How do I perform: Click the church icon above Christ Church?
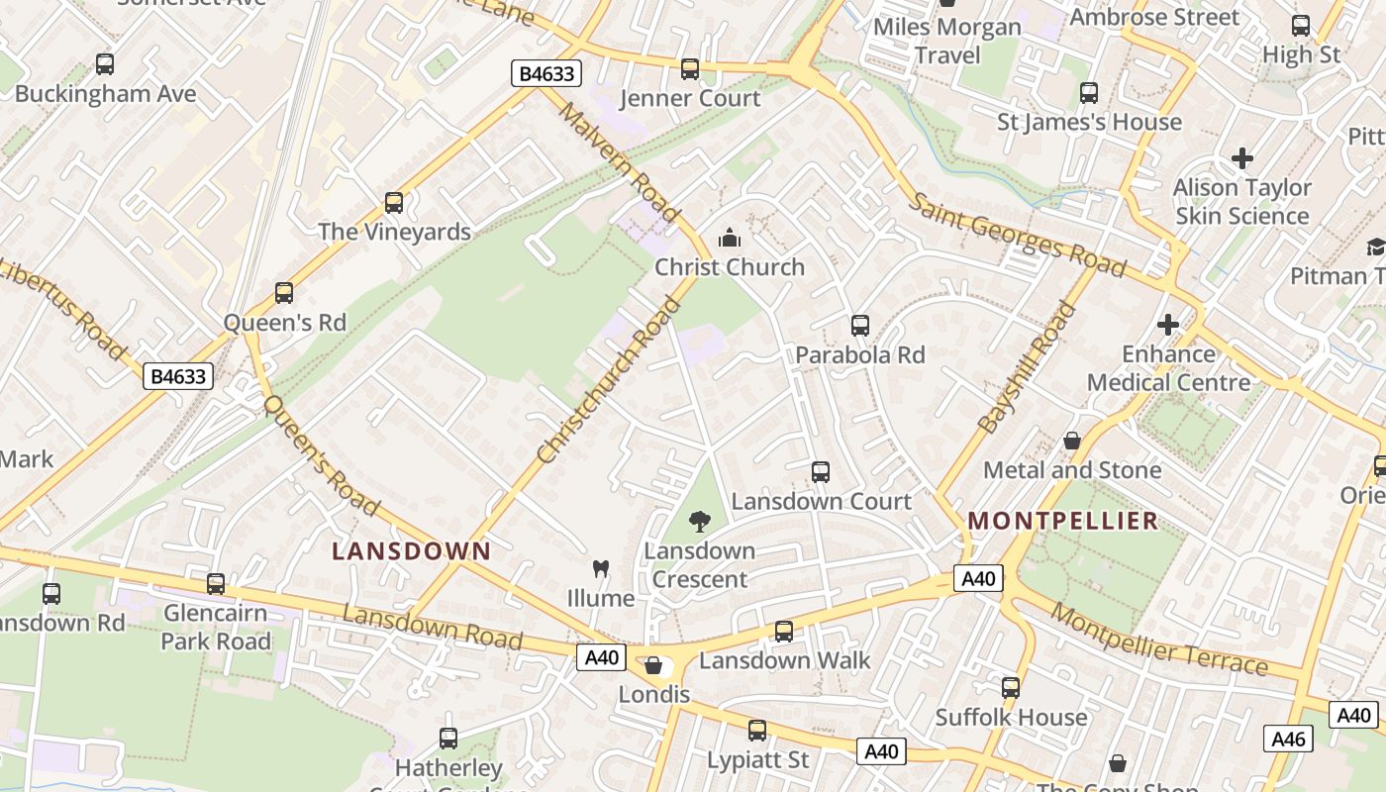(x=730, y=238)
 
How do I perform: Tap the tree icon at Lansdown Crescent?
(x=700, y=521)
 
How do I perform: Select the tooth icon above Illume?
(x=600, y=568)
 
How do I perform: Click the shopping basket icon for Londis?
(x=653, y=665)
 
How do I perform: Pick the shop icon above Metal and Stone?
(x=1071, y=441)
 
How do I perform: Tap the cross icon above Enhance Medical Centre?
(x=1168, y=324)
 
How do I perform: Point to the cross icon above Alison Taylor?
(x=1241, y=157)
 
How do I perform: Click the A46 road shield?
(x=1288, y=739)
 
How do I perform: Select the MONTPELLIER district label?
(x=1062, y=521)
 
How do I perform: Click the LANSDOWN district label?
(x=411, y=551)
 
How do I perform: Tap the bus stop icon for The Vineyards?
(x=394, y=203)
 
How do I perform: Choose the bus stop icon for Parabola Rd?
(x=860, y=326)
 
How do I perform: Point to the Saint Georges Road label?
(x=1017, y=235)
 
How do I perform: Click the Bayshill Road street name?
(x=1027, y=368)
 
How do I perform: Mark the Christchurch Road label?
(x=609, y=380)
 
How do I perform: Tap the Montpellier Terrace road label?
(x=1158, y=639)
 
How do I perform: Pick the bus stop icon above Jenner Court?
(x=690, y=69)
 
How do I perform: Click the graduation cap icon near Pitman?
(x=1376, y=247)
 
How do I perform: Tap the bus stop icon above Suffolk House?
(x=1011, y=688)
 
